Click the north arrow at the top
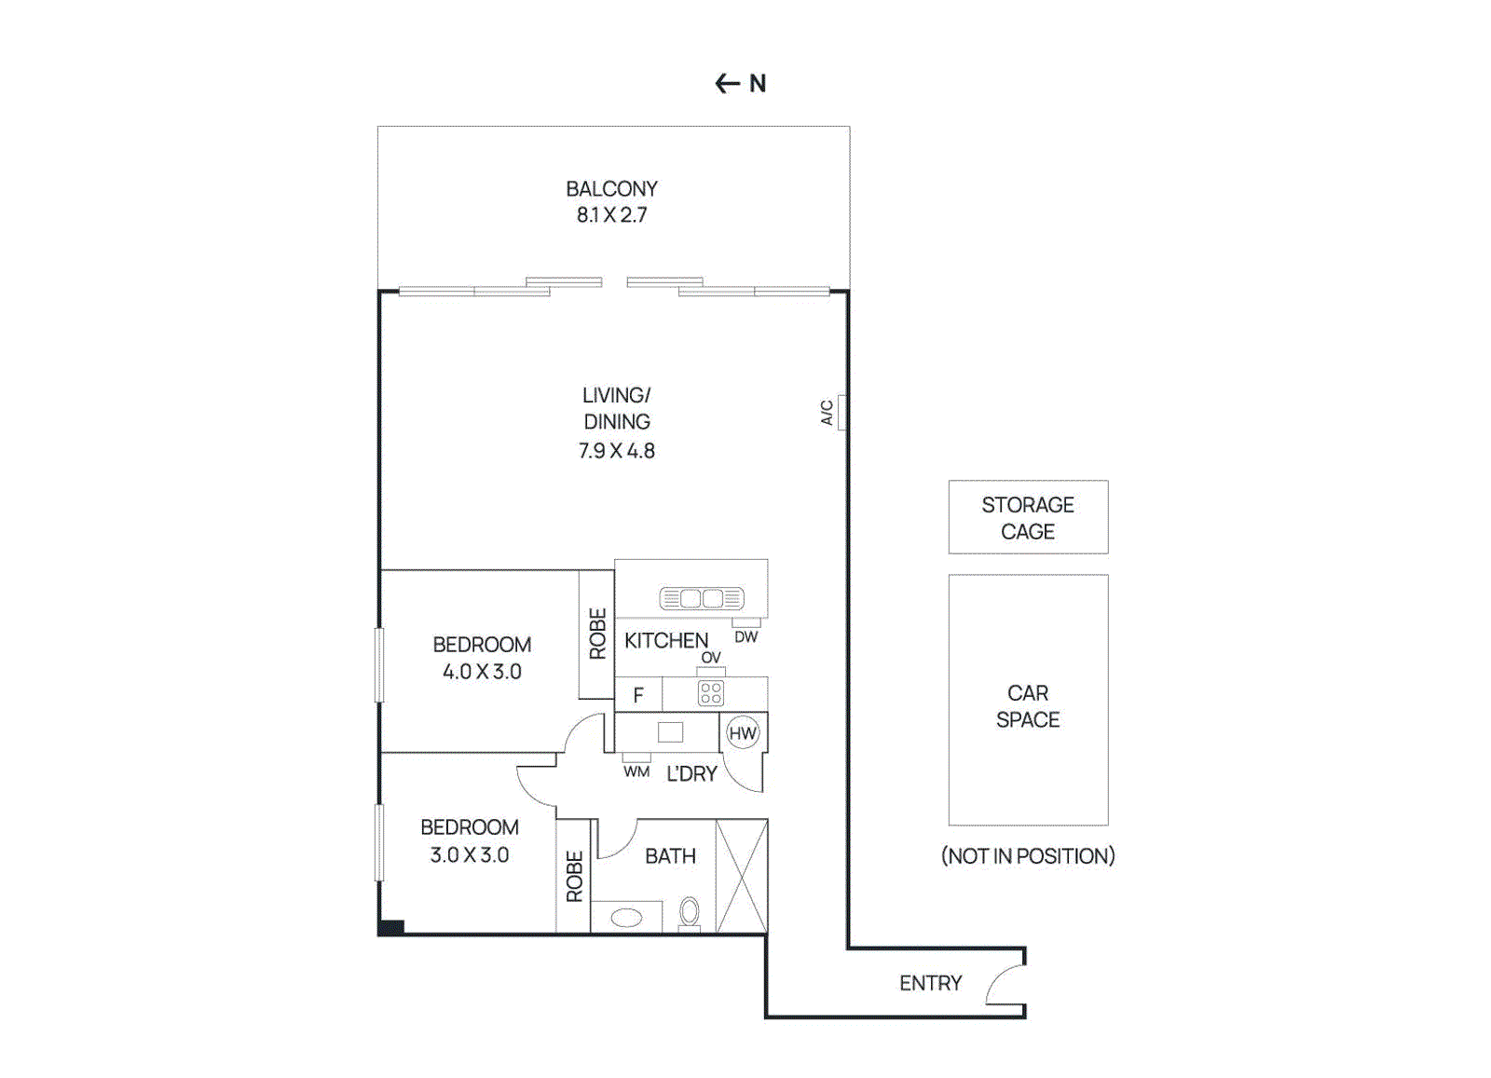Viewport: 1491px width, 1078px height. tap(728, 84)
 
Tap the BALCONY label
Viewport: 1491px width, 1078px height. tap(611, 189)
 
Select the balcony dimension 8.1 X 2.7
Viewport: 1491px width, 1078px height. tap(611, 215)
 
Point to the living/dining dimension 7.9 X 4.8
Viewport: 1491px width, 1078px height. tap(616, 451)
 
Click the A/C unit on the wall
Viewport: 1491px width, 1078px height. tap(841, 412)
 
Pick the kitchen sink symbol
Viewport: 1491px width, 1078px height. tap(702, 598)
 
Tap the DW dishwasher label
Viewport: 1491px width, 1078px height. tap(746, 637)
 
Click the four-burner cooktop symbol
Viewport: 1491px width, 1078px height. tap(711, 693)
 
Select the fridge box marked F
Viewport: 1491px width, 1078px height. tap(638, 695)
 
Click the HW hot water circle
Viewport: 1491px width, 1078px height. tap(743, 733)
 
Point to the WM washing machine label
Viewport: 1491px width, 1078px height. tap(636, 771)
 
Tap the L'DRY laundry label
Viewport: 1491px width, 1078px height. tap(691, 774)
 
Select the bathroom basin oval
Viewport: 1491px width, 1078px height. tap(626, 918)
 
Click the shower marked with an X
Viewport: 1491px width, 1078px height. tap(742, 876)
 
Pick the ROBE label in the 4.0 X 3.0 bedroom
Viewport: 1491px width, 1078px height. tap(597, 634)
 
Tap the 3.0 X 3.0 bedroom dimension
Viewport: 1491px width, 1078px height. tap(470, 855)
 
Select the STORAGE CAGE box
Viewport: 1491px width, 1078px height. tap(1028, 518)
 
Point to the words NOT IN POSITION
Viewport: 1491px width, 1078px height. tap(1028, 856)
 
